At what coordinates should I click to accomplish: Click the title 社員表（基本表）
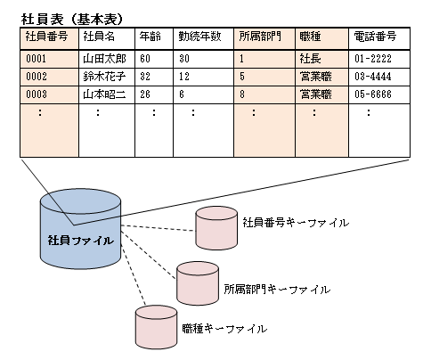72,20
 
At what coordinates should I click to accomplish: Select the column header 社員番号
46,37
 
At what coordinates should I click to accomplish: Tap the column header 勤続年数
199,37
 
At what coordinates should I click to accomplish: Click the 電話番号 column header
375,37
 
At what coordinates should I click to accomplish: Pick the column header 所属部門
260,37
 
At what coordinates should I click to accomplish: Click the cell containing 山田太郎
104,59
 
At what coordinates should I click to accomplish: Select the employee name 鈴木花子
104,77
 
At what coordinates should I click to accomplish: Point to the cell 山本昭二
104,94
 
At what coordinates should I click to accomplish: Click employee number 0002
37,77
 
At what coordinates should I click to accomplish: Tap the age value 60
145,59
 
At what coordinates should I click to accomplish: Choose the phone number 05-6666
373,94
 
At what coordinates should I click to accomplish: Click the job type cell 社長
310,59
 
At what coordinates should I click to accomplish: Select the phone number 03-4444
373,77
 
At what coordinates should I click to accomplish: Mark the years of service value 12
184,77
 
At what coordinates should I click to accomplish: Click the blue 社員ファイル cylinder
80,229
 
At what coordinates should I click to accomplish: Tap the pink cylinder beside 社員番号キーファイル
216,228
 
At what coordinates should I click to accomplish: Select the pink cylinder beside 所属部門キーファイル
198,283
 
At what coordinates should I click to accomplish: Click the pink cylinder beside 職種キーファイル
156,327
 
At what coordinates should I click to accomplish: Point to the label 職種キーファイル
224,329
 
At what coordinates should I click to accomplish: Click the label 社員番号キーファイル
296,223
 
